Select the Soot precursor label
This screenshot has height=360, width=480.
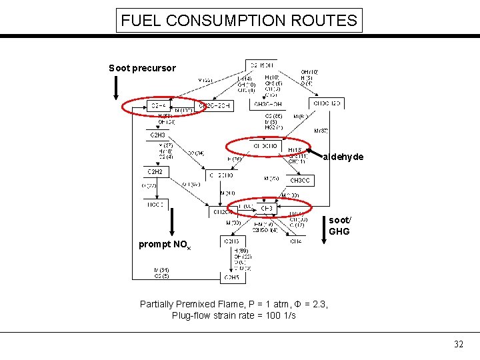coord(142,68)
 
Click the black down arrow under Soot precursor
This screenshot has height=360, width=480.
coord(116,87)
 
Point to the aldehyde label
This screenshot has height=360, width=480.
coord(343,157)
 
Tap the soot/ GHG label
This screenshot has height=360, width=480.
coord(339,225)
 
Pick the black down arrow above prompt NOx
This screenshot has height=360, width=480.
coord(173,223)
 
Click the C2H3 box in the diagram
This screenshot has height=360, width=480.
coord(158,135)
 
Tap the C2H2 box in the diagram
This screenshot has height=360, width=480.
coord(155,171)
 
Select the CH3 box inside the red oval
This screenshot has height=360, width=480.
coord(267,209)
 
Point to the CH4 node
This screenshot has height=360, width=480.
coord(295,241)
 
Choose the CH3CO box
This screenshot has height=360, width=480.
coord(300,181)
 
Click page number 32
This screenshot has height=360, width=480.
coord(458,345)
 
